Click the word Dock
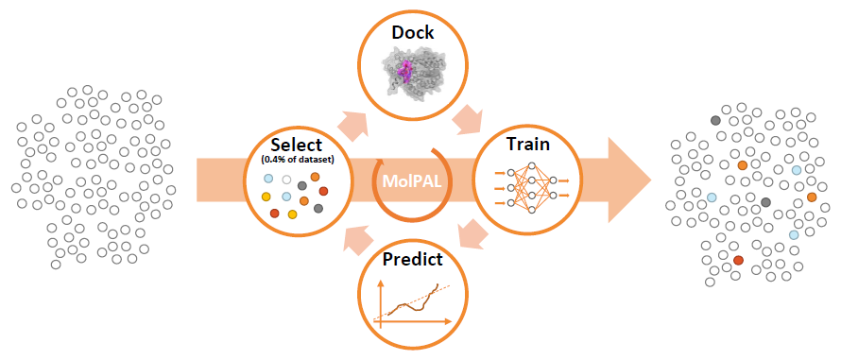[412, 33]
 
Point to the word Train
[528, 146]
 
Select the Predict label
[412, 257]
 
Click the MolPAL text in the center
[412, 180]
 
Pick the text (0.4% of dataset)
[296, 161]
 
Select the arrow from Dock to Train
[469, 119]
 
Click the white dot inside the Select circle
[286, 180]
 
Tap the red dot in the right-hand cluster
[739, 260]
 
